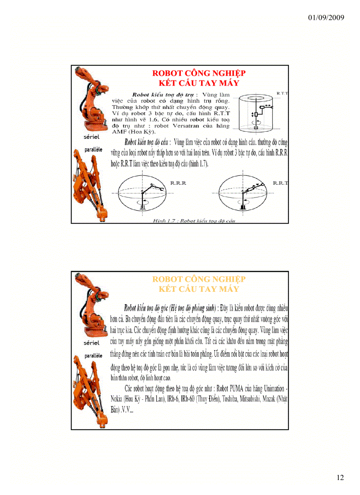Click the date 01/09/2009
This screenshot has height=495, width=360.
point(326,18)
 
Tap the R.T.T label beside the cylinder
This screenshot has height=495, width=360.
point(282,93)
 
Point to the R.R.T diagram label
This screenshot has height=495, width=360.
point(280,182)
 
